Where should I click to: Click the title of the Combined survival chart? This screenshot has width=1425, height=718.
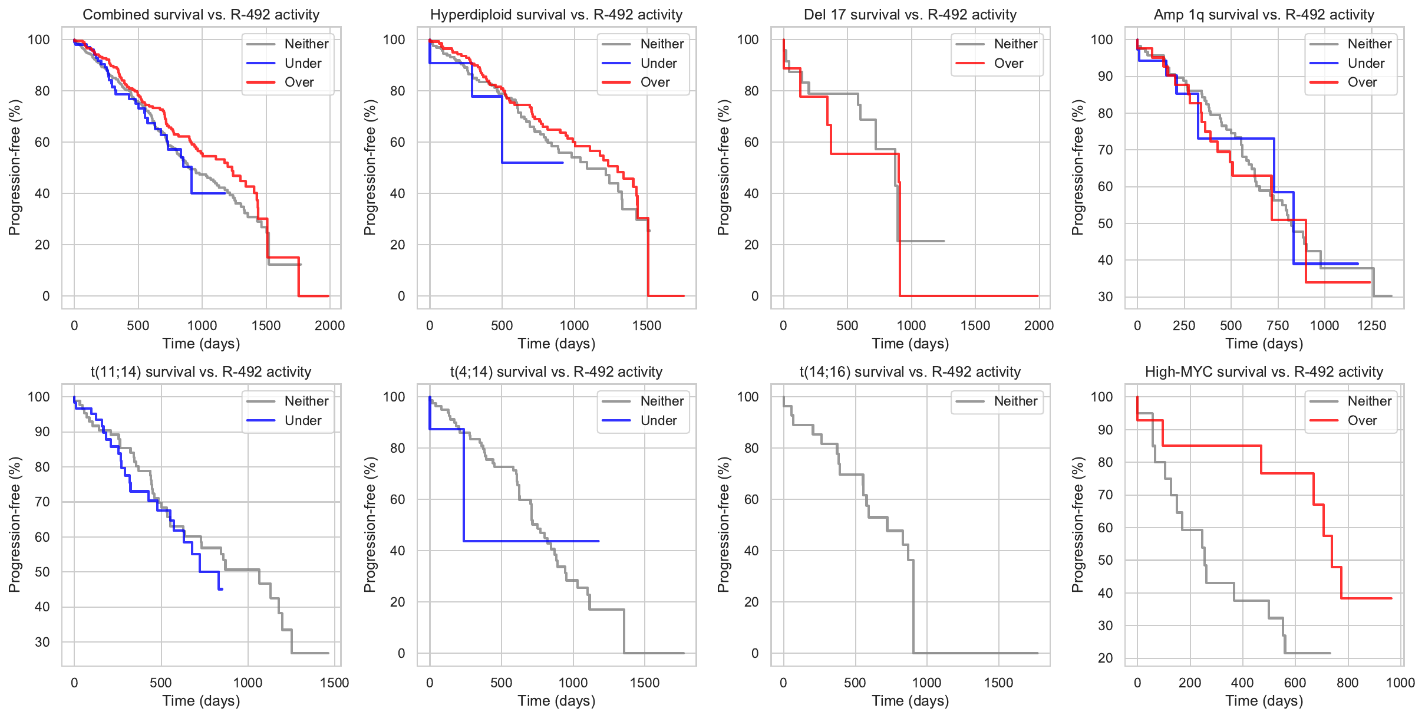tap(201, 15)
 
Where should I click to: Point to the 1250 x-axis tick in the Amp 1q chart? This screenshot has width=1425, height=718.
tap(1371, 325)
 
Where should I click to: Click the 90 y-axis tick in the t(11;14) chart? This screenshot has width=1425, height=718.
tap(42, 432)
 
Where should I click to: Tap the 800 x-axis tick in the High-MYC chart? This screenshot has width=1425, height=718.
tap(1347, 683)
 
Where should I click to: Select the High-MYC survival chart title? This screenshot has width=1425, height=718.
tap(1264, 372)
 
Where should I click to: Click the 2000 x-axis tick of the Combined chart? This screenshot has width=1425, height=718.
tap(329, 325)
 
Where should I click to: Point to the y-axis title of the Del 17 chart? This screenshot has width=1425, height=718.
tap(723, 167)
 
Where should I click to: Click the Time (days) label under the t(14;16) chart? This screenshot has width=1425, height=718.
tap(910, 700)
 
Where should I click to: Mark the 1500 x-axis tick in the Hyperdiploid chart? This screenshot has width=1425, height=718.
tap(646, 325)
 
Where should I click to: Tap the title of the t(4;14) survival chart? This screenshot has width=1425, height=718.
tap(556, 372)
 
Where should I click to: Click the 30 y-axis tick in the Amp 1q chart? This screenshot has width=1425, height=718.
tap(1105, 297)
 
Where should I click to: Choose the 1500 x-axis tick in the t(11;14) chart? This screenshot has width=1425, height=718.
tap(334, 683)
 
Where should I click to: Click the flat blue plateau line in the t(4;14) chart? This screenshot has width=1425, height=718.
tap(530, 541)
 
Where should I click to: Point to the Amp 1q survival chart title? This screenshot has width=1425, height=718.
tap(1264, 15)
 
